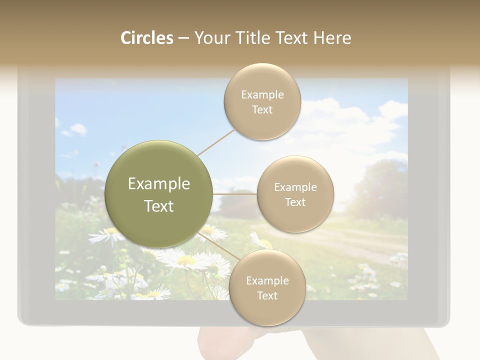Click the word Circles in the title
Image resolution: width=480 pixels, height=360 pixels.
[147, 38]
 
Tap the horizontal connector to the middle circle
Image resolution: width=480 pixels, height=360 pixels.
[235, 193]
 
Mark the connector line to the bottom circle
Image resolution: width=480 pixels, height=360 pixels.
[220, 247]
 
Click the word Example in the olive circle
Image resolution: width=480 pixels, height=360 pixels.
[158, 184]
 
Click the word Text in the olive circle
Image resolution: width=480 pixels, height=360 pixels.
[158, 206]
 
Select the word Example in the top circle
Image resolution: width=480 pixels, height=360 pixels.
[262, 95]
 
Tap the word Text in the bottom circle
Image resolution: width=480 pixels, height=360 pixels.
[267, 295]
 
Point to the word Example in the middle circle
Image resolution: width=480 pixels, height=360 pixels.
[295, 187]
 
